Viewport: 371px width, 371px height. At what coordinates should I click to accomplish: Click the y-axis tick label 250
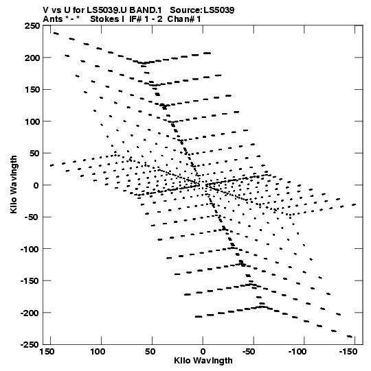(32, 25)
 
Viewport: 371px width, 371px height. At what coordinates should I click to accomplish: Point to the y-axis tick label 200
(32, 58)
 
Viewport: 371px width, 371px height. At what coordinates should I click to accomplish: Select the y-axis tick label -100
(30, 249)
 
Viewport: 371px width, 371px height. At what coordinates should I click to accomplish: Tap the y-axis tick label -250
(30, 345)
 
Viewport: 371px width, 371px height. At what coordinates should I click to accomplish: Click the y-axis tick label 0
(36, 185)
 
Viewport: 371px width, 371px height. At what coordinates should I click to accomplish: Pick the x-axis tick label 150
(47, 352)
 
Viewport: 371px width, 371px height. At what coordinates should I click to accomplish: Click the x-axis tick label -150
(348, 352)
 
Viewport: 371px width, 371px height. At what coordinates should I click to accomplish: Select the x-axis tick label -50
(249, 352)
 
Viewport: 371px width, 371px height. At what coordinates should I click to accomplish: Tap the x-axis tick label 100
(98, 352)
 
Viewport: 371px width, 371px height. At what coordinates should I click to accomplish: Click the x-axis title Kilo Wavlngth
(203, 361)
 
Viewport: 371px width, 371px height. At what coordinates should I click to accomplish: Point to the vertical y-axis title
(14, 184)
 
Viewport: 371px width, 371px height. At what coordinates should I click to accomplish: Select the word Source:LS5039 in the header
(202, 10)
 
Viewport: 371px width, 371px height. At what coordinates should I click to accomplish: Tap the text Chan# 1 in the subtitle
(184, 19)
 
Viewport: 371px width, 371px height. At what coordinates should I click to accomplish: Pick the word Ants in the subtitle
(53, 19)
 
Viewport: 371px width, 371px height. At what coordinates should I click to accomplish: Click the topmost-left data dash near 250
(56, 34)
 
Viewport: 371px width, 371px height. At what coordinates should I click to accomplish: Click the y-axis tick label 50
(34, 154)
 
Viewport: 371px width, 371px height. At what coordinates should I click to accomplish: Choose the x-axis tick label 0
(203, 352)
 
